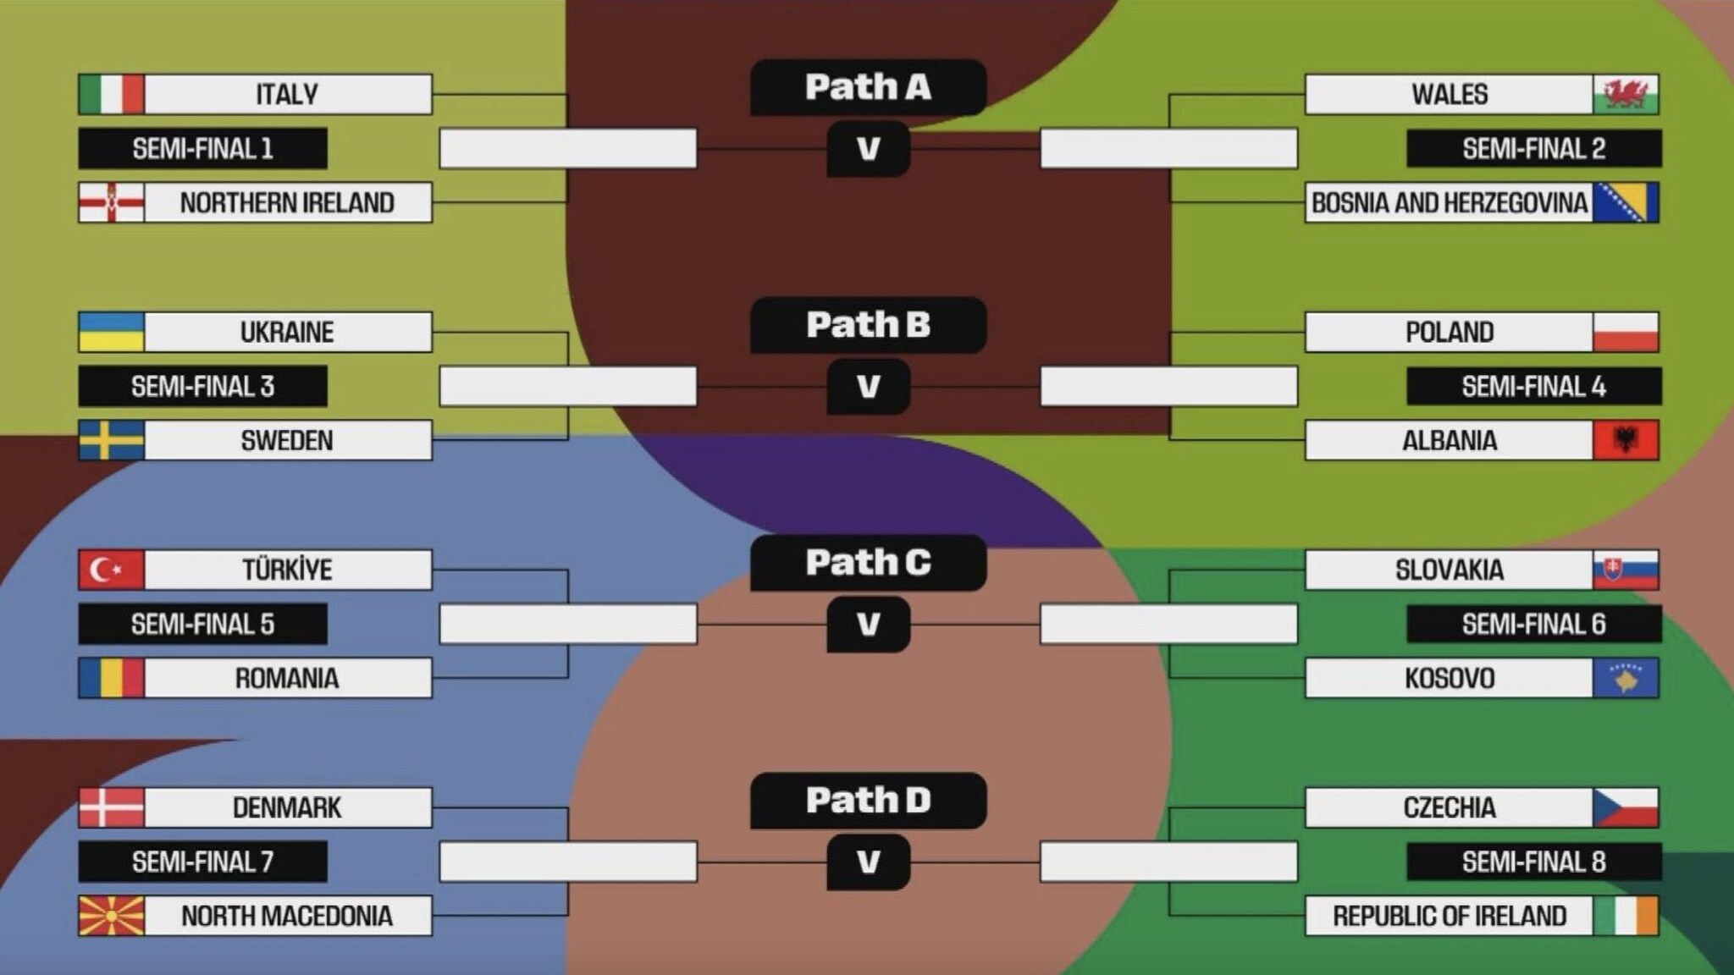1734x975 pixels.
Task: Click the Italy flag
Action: point(111,94)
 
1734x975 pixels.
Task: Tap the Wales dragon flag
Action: point(1625,94)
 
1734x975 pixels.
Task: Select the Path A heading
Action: point(868,87)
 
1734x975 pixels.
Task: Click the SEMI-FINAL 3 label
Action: point(202,387)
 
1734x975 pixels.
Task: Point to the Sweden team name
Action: point(287,440)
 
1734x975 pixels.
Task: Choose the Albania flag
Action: point(1625,440)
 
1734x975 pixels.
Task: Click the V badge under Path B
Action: point(868,387)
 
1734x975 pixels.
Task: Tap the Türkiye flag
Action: point(111,570)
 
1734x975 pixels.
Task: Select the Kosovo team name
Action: point(1449,678)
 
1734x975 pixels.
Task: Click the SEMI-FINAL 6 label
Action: point(1533,625)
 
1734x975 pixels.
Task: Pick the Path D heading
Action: point(868,800)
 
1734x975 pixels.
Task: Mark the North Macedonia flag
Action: point(111,916)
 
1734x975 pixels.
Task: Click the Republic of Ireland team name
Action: point(1449,916)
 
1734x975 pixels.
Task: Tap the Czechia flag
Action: point(1625,807)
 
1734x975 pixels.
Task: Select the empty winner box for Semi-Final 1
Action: point(568,149)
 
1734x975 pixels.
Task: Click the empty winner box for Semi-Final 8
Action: point(1168,862)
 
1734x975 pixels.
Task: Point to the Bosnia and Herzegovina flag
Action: point(1625,202)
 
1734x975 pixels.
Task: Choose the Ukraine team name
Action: point(287,332)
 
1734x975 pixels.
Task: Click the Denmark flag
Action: point(111,807)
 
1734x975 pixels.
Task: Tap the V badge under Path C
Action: point(868,625)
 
